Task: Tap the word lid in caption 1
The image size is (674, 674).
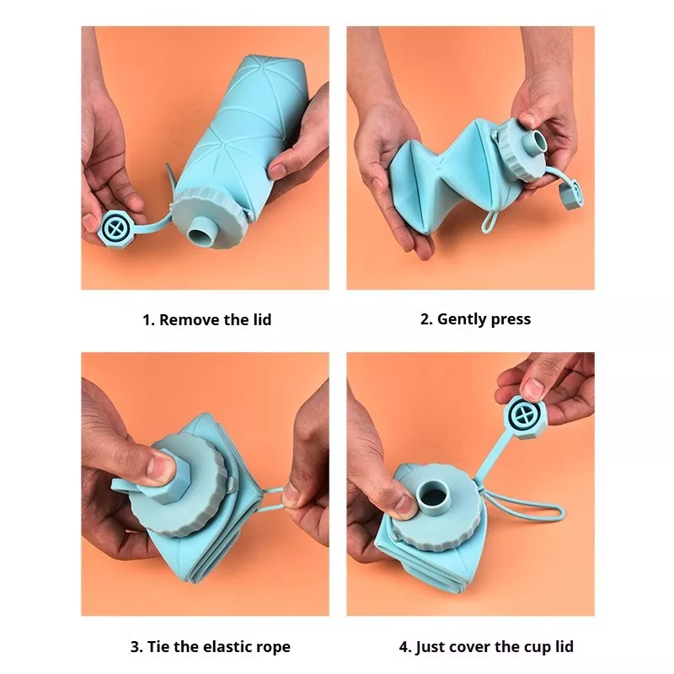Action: tap(262, 320)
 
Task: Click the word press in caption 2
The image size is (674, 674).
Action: tap(511, 320)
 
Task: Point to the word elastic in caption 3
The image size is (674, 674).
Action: tap(227, 646)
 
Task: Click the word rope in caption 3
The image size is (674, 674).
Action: tap(273, 648)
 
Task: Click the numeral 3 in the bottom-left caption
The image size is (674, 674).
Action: tap(135, 647)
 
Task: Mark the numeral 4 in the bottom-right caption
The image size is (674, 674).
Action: tap(404, 647)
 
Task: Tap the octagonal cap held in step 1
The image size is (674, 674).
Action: tap(115, 228)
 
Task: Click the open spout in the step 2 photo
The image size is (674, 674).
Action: tap(534, 143)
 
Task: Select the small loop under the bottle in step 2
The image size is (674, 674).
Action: tap(489, 221)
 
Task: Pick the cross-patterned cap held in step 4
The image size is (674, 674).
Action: tap(525, 416)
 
